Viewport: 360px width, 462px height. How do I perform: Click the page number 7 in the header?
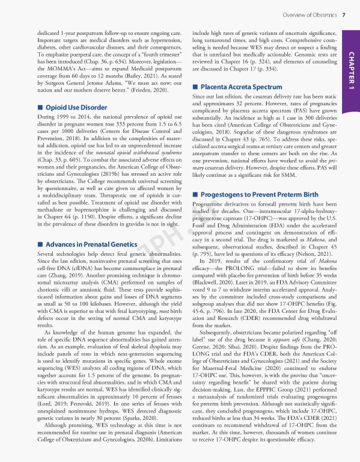coord(343,14)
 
